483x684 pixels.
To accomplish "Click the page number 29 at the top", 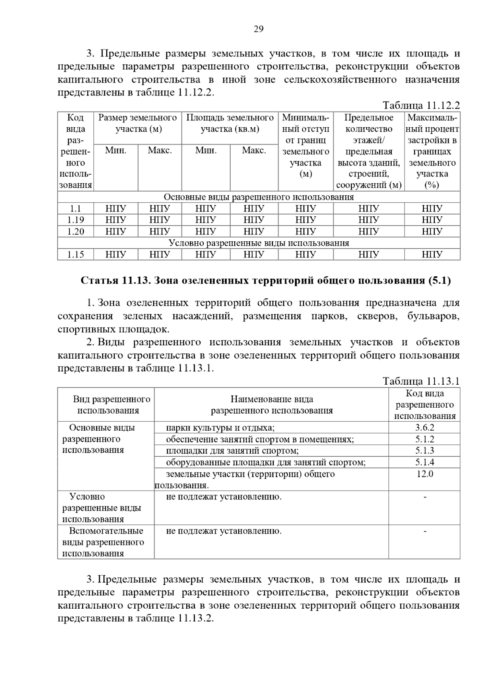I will click(258, 29).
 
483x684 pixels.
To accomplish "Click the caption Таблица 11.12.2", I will click(421, 106).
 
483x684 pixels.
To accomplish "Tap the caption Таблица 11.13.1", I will click(421, 381).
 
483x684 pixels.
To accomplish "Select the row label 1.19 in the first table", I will click(75, 220).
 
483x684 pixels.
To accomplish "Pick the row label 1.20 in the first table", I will click(75, 232).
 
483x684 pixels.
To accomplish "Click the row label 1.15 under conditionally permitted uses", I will click(75, 255).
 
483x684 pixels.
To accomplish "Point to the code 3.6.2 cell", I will click(425, 428).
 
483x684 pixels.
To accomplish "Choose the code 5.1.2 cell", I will click(425, 439).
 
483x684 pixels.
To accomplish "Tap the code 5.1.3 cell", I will click(425, 451).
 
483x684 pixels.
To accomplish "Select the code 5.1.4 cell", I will click(425, 462).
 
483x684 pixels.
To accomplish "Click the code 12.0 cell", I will click(425, 474).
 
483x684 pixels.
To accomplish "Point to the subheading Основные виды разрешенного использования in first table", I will click(258, 197).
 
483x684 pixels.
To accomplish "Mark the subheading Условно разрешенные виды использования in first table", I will click(258, 243).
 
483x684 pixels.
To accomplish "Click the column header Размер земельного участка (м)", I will click(138, 123).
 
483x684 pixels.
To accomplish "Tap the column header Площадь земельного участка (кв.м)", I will click(230, 123).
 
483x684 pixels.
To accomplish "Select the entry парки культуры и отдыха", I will click(220, 428).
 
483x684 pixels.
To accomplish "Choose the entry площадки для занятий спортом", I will click(232, 451).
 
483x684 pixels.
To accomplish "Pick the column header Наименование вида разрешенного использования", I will click(272, 405).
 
